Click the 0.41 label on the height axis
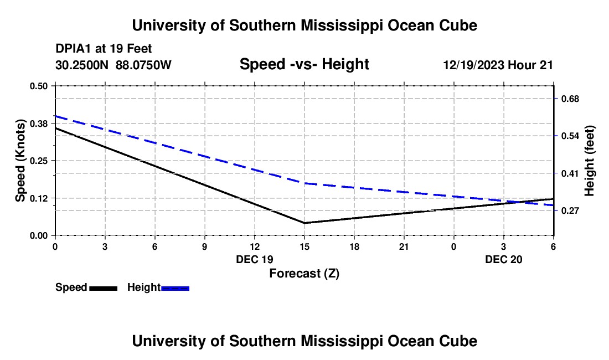click(x=570, y=173)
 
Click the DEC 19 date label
click(x=255, y=259)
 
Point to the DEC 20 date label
click(x=504, y=259)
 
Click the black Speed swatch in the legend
click(x=103, y=288)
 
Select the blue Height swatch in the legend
click(x=176, y=288)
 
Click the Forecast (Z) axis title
click(x=304, y=273)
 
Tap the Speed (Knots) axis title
click(x=20, y=161)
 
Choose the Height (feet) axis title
click(x=590, y=161)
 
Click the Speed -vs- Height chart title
click(x=304, y=65)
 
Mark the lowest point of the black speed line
click(x=304, y=223)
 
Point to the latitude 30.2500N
click(x=83, y=65)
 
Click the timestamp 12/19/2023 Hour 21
click(x=498, y=65)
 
